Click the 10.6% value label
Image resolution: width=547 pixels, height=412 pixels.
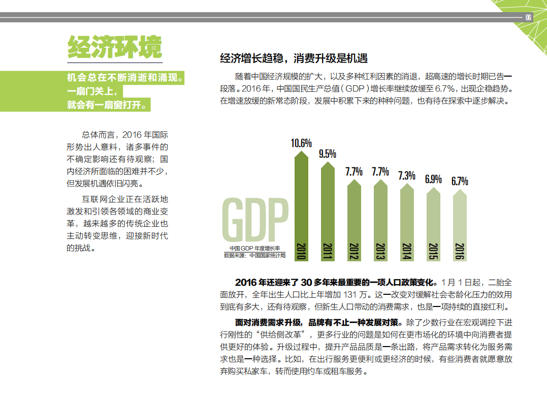(301, 143)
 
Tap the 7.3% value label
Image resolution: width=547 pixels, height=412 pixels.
(407, 176)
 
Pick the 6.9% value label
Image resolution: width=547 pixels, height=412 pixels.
(433, 179)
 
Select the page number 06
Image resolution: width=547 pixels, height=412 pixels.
(528, 17)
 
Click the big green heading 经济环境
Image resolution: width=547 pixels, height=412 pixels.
(115, 48)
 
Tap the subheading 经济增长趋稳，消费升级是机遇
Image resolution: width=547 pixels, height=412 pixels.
(293, 58)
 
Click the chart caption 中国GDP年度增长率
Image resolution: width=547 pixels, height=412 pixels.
(254, 248)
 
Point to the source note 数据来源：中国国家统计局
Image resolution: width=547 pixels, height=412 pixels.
(254, 255)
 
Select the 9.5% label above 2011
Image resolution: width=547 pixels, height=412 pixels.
(328, 154)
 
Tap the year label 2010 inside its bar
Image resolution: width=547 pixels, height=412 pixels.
(301, 252)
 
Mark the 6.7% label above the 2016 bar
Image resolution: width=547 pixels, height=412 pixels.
(460, 181)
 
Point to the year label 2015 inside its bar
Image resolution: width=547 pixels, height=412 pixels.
(433, 252)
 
